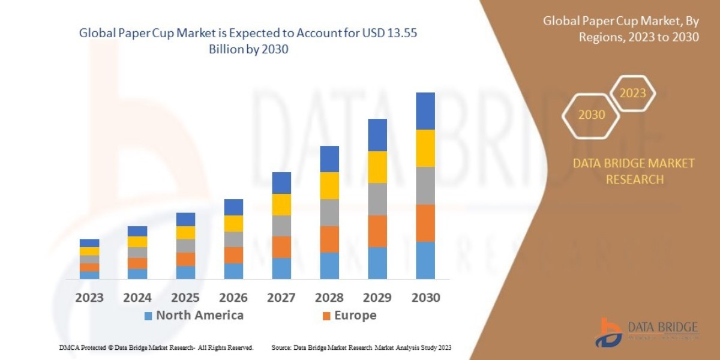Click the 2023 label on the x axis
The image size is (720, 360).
89,298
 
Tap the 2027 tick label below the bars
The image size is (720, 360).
281,298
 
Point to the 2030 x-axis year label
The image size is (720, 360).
425,298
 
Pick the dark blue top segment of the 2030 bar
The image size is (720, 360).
425,111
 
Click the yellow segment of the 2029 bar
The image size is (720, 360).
377,167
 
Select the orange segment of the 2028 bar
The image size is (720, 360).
329,239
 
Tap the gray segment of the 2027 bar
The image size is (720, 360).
281,226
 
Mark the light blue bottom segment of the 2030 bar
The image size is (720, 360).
425,260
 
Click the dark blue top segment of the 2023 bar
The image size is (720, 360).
89,243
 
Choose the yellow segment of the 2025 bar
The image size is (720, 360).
185,233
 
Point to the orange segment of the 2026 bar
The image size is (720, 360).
233,255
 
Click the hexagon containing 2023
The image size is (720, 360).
632,94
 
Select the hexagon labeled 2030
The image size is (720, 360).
591,115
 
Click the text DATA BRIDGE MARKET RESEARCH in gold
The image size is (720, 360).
634,171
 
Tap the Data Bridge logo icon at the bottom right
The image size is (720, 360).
608,332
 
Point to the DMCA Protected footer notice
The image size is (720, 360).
156,348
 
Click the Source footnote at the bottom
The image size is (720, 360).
361,348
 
